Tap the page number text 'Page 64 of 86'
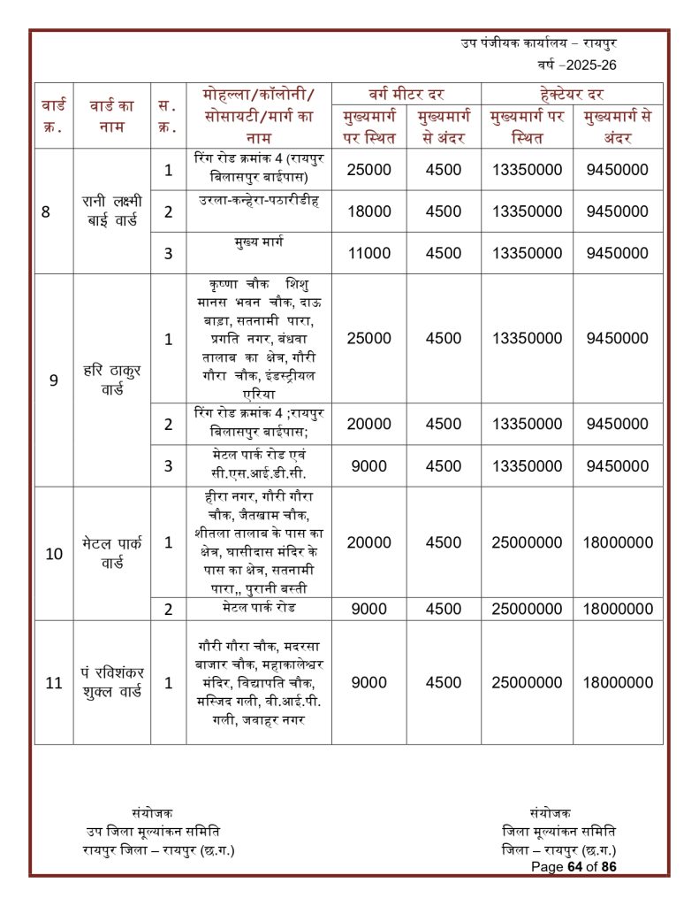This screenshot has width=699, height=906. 573,867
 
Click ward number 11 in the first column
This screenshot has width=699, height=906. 53,682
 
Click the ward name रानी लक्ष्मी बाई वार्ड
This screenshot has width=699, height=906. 112,211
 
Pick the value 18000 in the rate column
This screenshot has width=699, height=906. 368,211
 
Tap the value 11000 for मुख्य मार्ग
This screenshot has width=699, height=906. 368,253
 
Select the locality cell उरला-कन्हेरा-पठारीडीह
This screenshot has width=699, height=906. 258,200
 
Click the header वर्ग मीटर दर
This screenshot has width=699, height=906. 406,94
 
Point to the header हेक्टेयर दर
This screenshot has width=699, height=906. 571,94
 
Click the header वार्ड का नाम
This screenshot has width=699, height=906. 112,116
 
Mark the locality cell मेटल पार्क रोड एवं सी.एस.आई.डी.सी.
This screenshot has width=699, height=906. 258,465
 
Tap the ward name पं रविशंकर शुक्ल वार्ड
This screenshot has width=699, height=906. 112,682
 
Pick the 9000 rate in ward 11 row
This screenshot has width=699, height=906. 368,682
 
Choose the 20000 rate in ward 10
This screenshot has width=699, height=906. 368,543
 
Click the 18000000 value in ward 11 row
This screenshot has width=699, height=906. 618,682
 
